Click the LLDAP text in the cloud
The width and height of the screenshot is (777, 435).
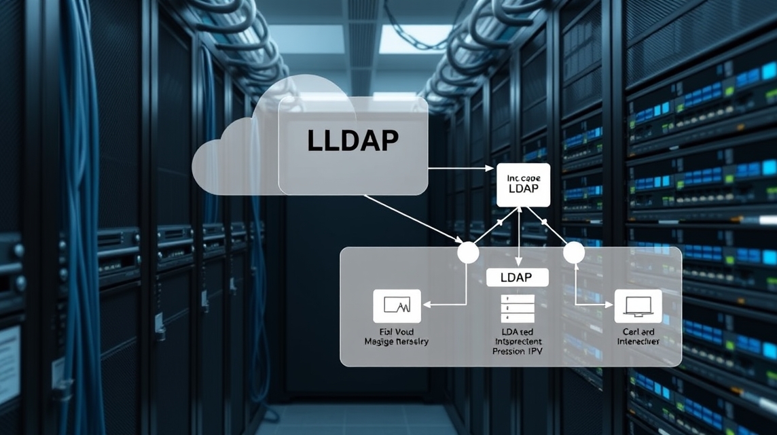click(353, 139)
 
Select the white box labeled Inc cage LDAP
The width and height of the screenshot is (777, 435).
click(522, 184)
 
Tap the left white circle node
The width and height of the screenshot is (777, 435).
click(468, 252)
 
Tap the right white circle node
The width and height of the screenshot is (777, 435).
click(574, 252)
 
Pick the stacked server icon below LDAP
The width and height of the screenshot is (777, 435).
click(518, 309)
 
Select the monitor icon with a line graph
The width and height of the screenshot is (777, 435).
click(397, 305)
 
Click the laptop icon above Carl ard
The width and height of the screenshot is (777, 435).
click(638, 305)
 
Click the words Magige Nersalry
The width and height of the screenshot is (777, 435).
click(397, 341)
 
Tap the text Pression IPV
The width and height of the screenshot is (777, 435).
click(518, 352)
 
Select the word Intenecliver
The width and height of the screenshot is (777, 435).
click(638, 341)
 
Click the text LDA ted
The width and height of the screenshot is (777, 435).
click(518, 330)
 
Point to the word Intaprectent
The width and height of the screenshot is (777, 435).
click(518, 341)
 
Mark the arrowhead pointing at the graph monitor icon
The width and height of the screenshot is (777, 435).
click(427, 305)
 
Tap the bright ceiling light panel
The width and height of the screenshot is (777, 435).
click(414, 39)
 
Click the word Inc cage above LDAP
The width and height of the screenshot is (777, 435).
click(522, 177)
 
